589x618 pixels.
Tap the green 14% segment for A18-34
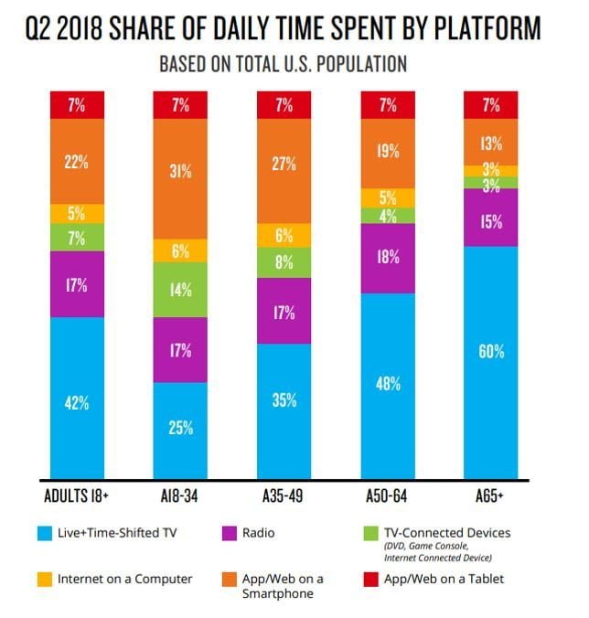coord(181,290)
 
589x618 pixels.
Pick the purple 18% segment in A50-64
coord(388,258)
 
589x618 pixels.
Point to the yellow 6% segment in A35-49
coord(284,235)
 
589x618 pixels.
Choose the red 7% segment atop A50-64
coord(388,105)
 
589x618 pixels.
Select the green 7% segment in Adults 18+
coord(77,238)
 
